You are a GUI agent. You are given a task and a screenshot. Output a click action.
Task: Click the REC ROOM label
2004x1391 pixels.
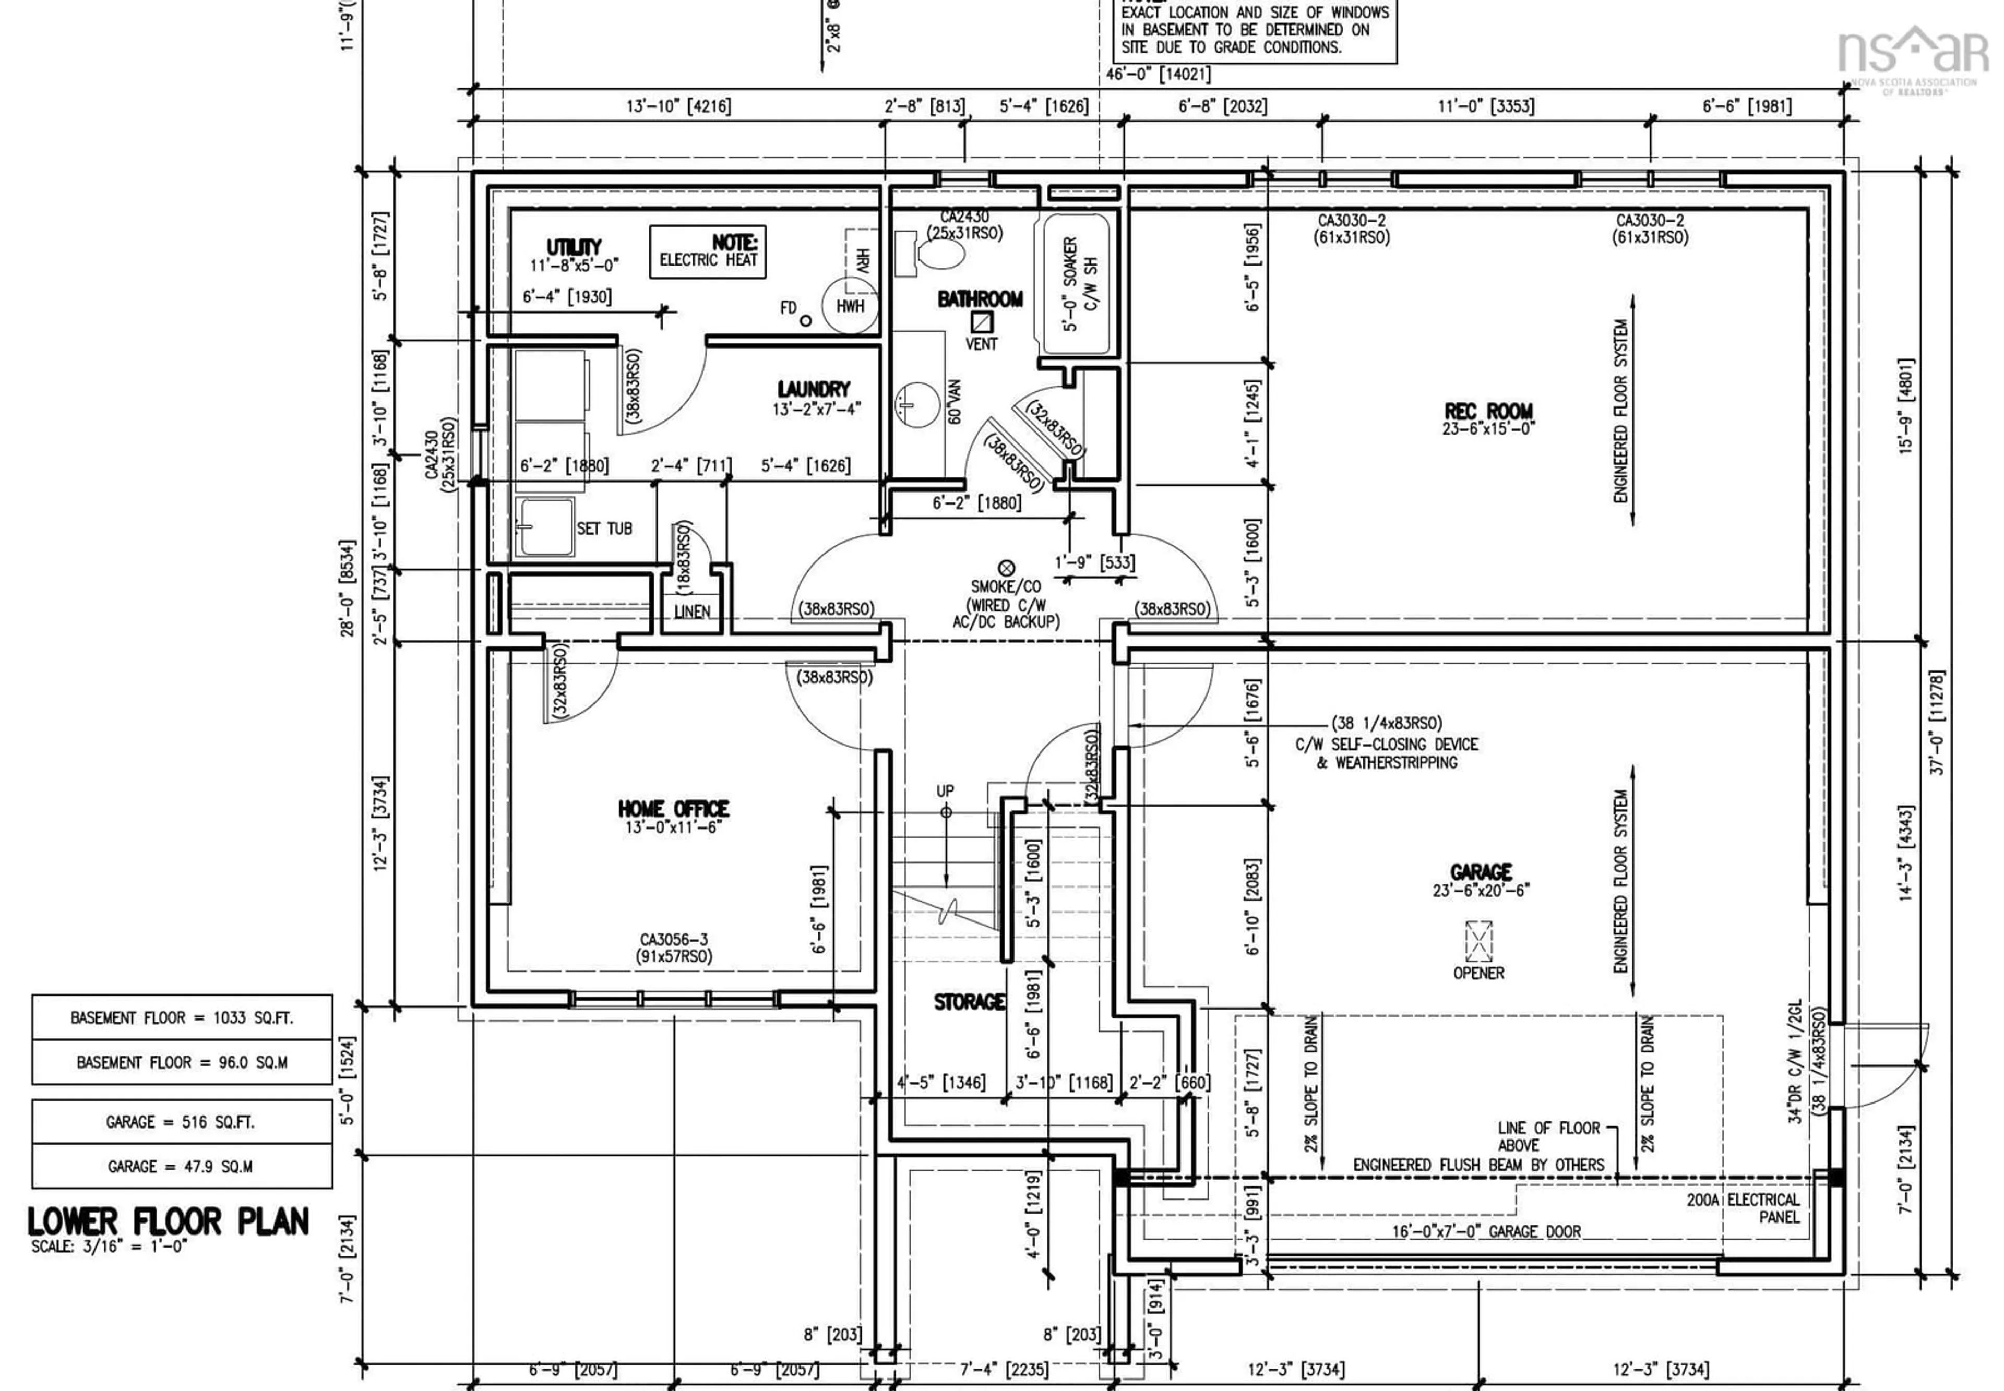coord(1487,411)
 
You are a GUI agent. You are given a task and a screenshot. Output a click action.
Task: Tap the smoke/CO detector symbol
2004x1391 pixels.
coord(1006,568)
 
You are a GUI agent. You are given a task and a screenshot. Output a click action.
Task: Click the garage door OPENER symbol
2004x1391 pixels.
coord(1478,941)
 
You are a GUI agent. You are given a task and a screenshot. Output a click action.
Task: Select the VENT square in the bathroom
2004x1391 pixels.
coord(982,321)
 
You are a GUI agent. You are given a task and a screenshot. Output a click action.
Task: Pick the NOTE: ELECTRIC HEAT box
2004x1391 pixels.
coord(708,252)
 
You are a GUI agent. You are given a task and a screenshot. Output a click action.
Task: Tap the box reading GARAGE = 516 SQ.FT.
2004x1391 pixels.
coord(181,1122)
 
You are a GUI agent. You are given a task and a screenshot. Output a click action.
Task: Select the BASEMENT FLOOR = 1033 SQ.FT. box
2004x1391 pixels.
coord(181,1017)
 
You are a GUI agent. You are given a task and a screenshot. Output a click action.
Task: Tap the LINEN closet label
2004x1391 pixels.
coord(691,612)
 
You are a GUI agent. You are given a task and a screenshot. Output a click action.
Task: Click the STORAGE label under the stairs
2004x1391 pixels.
coord(969,1002)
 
